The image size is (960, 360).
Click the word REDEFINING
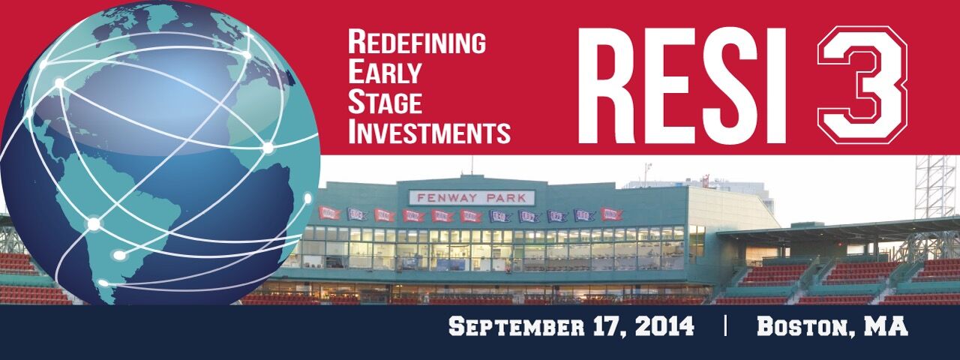417,42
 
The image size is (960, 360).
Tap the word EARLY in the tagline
385,72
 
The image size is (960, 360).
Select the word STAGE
385,102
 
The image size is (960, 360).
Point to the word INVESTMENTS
429,132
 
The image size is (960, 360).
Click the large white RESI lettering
682,85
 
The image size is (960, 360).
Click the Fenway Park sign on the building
472,198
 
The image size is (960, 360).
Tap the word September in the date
517,326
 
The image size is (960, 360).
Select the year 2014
664,326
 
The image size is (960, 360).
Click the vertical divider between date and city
725,326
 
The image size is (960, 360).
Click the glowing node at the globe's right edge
307,199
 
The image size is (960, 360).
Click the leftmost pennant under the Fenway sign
329,213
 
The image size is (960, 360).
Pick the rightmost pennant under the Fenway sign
611,214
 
